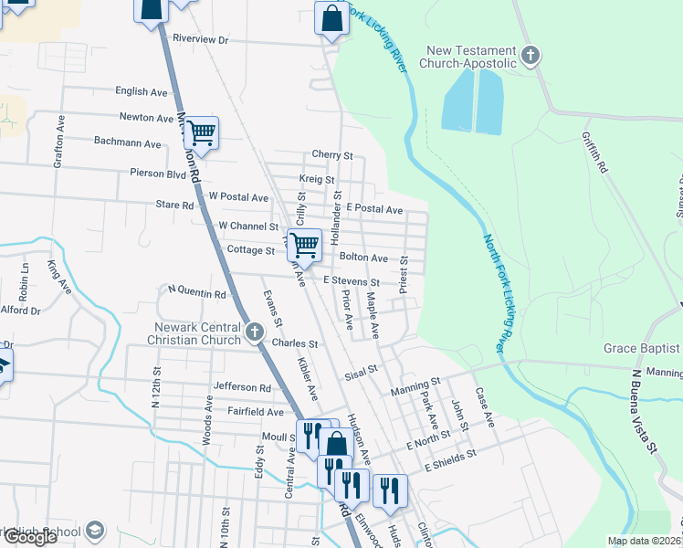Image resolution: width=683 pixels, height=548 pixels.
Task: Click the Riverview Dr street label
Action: [200, 40]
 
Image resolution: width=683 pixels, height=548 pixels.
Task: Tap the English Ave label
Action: [142, 91]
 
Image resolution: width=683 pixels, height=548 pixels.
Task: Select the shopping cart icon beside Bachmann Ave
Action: [201, 132]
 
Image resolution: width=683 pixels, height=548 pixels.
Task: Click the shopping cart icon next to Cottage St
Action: [304, 244]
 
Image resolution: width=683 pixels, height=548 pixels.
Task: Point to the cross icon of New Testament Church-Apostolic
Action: [530, 56]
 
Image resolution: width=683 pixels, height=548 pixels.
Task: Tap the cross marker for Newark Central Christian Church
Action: [256, 332]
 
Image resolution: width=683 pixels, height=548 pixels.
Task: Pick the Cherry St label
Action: [331, 156]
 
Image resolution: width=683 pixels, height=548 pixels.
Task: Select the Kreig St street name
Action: [317, 180]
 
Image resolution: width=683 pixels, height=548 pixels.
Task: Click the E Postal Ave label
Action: [373, 209]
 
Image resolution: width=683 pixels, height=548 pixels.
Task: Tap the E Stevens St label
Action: [350, 282]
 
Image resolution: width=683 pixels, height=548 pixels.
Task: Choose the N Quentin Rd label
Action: [196, 294]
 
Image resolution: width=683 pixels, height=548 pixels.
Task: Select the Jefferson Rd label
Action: [242, 387]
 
